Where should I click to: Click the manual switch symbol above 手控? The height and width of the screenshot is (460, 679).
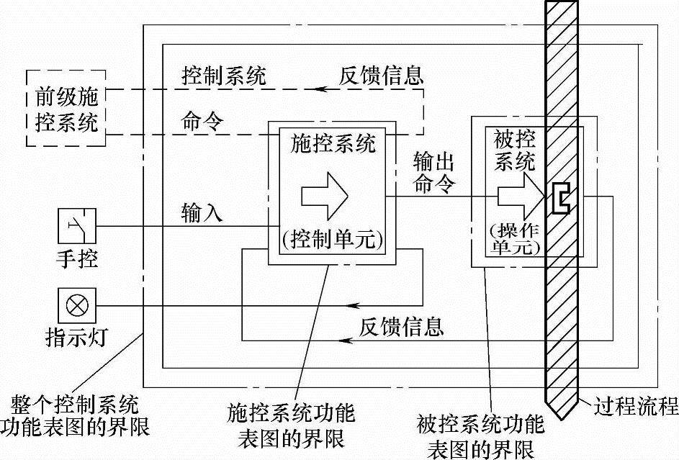click(76, 227)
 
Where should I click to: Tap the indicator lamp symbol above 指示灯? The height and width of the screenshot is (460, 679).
click(76, 306)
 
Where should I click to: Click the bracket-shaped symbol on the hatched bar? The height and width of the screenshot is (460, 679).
click(559, 198)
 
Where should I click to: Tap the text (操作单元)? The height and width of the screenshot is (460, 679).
click(514, 238)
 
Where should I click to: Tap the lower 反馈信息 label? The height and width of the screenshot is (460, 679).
click(401, 327)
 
